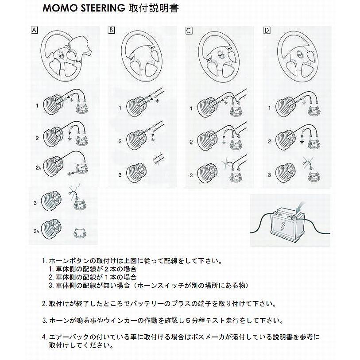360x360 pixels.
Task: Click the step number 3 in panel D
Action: click(269, 175)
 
